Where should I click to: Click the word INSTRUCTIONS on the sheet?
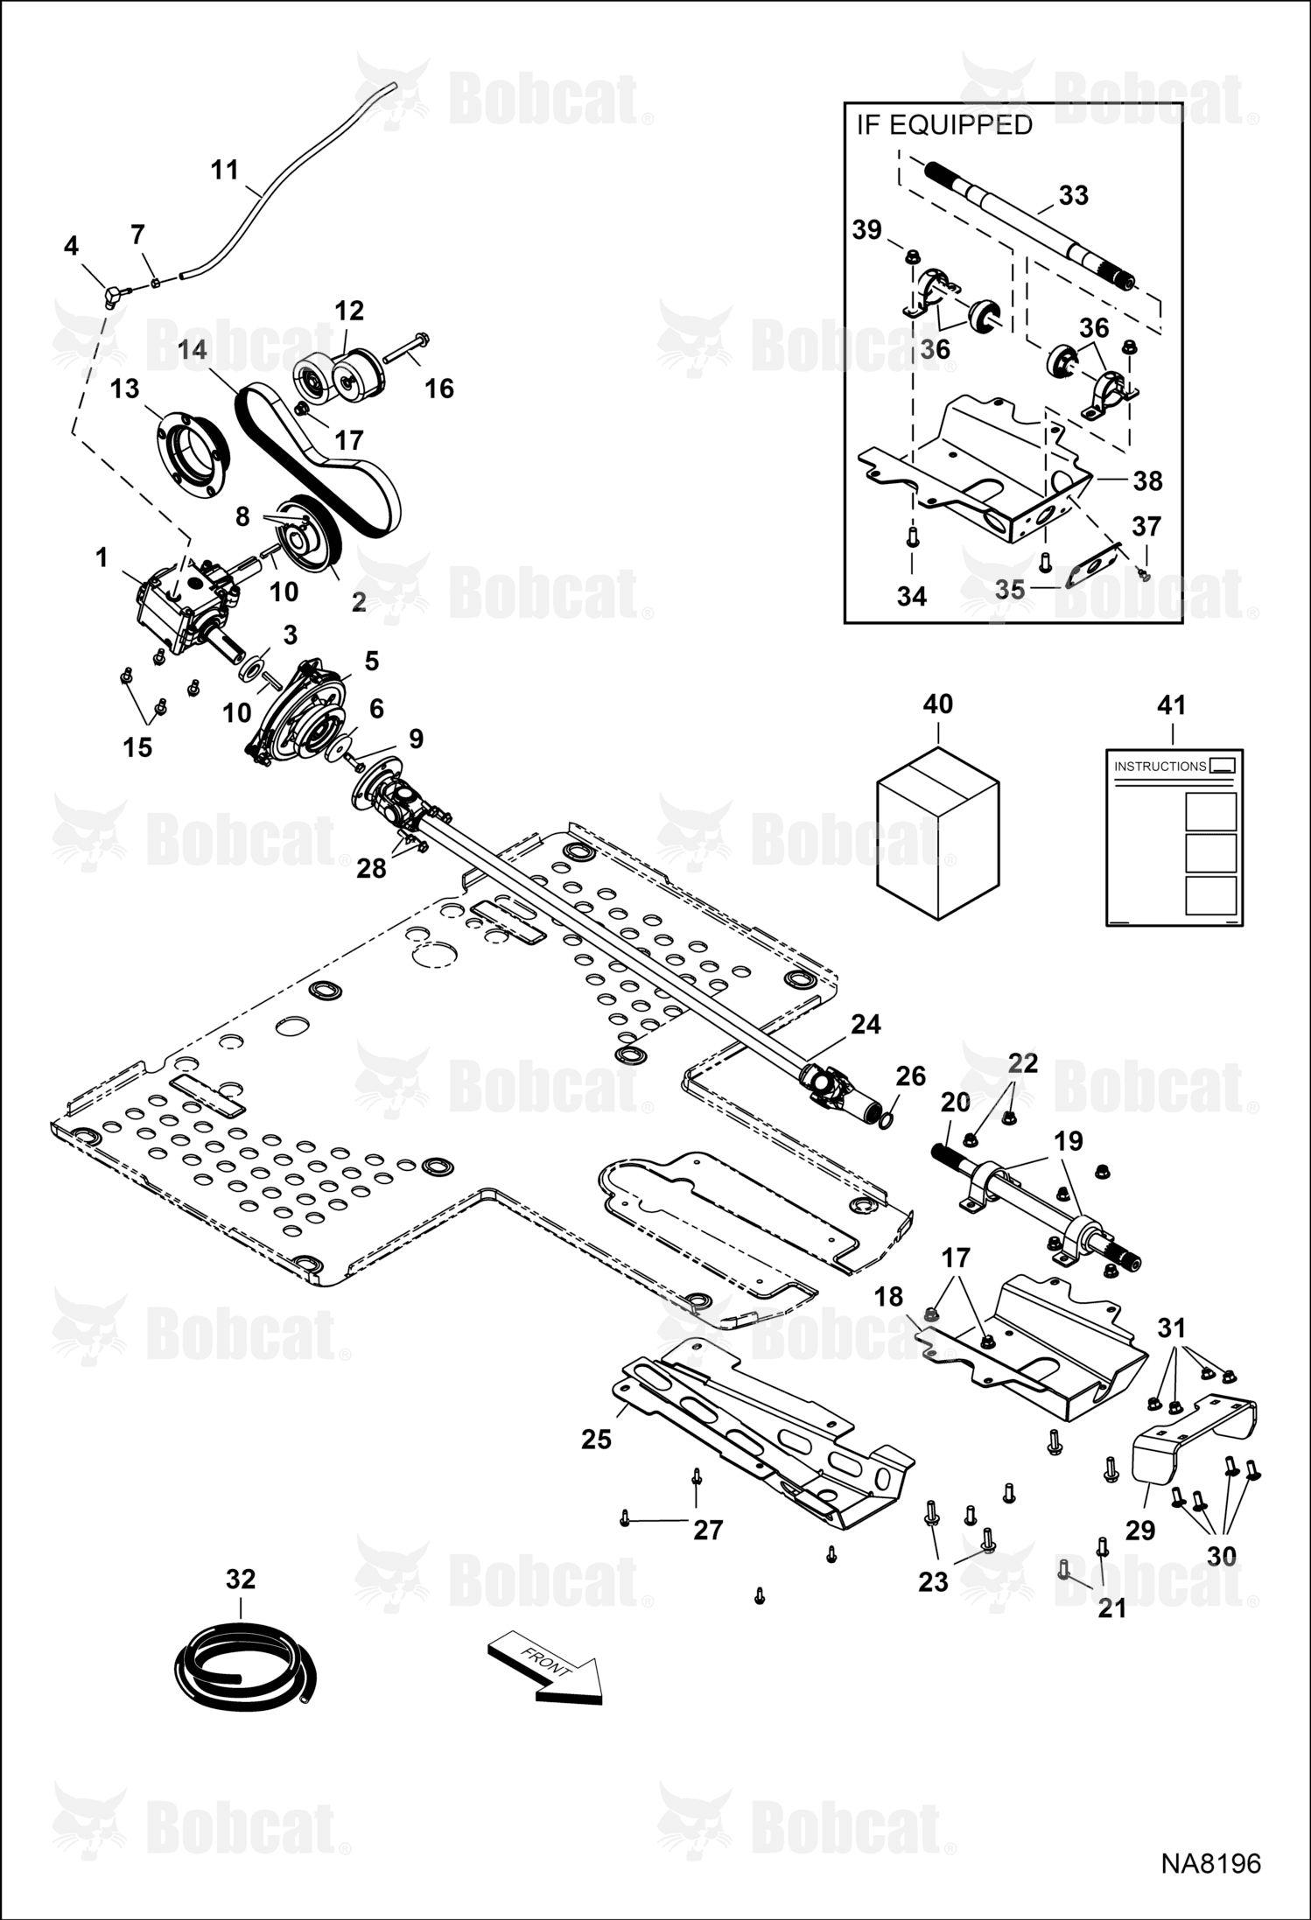click(1160, 767)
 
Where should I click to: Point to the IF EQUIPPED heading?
click(943, 125)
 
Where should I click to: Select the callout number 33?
click(1073, 195)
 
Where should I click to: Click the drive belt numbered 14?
click(319, 459)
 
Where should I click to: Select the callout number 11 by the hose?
click(225, 169)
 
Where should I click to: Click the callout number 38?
click(1147, 480)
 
